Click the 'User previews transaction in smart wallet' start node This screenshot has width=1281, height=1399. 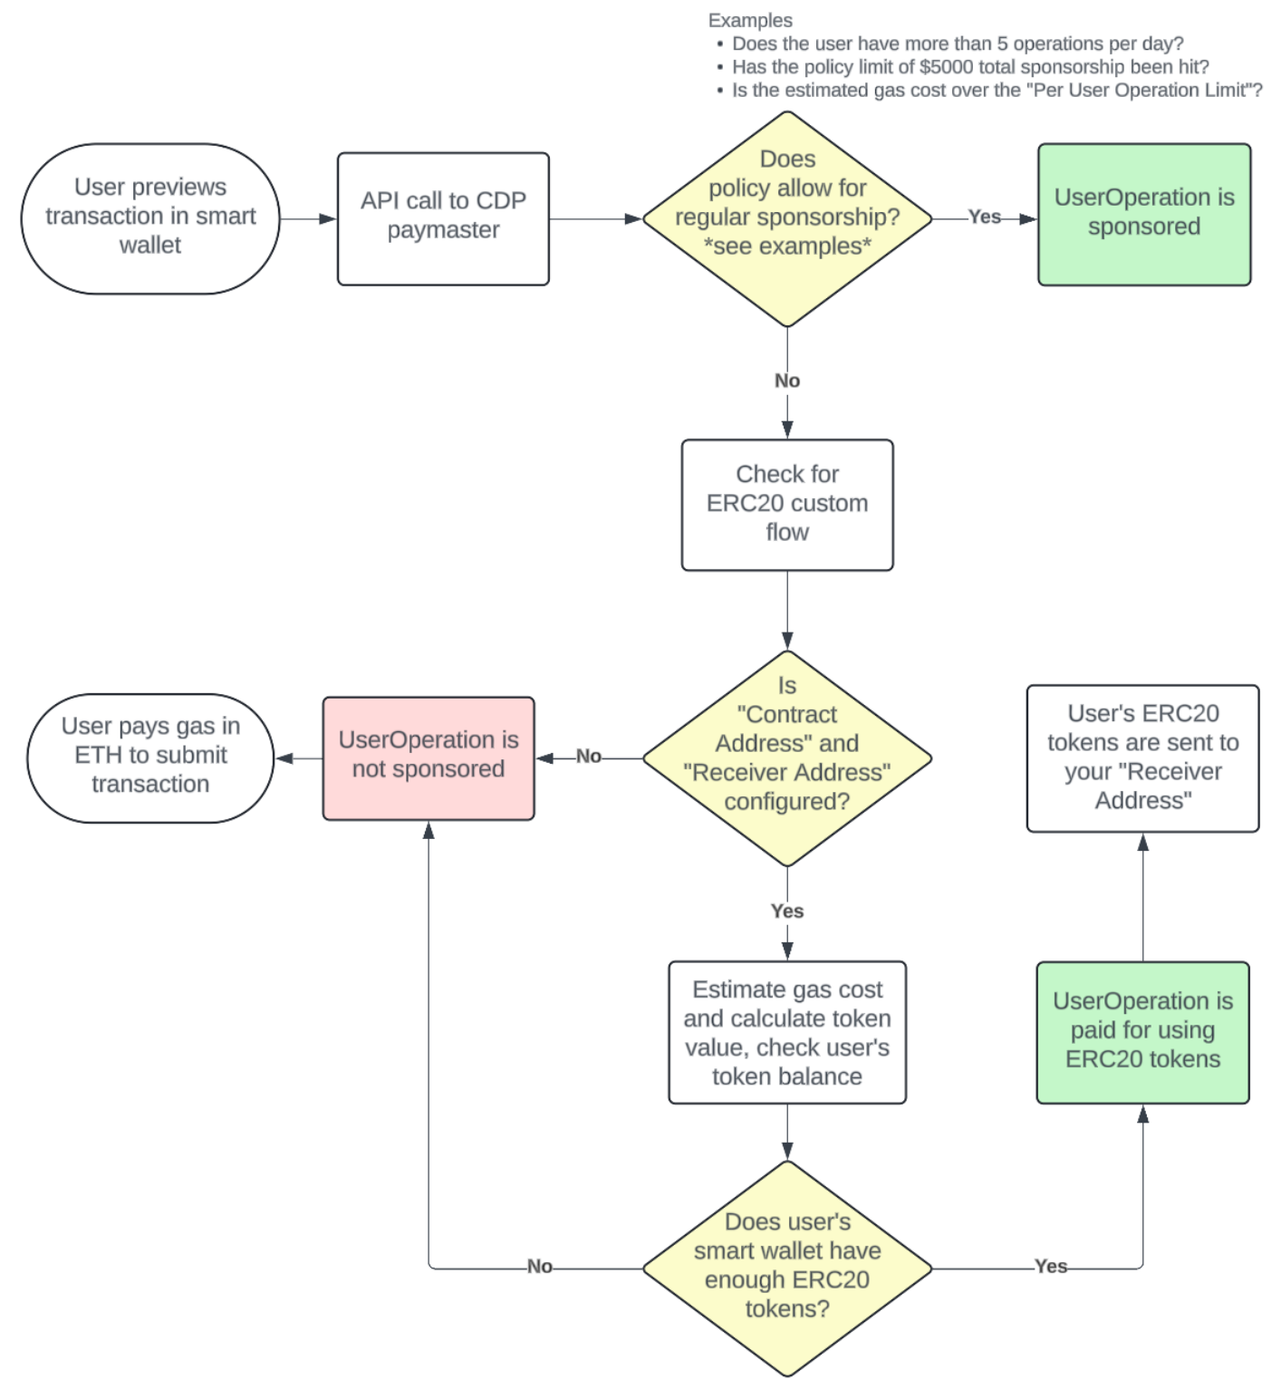(x=150, y=217)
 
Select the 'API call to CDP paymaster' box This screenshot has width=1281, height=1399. (x=443, y=218)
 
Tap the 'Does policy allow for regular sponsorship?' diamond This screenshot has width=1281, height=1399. (x=787, y=218)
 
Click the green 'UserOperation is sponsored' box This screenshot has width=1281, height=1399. (x=1144, y=214)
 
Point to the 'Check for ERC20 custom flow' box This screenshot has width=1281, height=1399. (x=787, y=505)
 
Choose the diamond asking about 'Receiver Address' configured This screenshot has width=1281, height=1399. (x=787, y=757)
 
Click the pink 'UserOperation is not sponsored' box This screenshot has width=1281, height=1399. (x=429, y=757)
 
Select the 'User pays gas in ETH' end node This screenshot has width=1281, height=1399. (x=150, y=757)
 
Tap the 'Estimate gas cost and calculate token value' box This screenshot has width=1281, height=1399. (x=787, y=1032)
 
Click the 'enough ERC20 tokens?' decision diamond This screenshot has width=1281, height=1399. (x=787, y=1268)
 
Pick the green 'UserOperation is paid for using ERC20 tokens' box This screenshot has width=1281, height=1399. (x=1142, y=1032)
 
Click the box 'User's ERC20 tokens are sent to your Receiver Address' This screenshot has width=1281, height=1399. (x=1142, y=757)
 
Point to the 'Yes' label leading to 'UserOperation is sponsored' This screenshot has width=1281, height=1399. (x=985, y=217)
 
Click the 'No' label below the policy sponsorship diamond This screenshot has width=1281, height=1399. (x=787, y=381)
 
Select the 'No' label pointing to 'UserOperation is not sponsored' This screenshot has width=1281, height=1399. (x=589, y=757)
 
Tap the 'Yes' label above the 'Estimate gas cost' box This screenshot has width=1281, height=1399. (x=787, y=911)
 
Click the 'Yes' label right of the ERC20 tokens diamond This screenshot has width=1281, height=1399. (x=1051, y=1267)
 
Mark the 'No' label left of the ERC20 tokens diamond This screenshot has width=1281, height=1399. (x=540, y=1267)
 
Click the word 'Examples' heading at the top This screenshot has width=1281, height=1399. (x=750, y=20)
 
